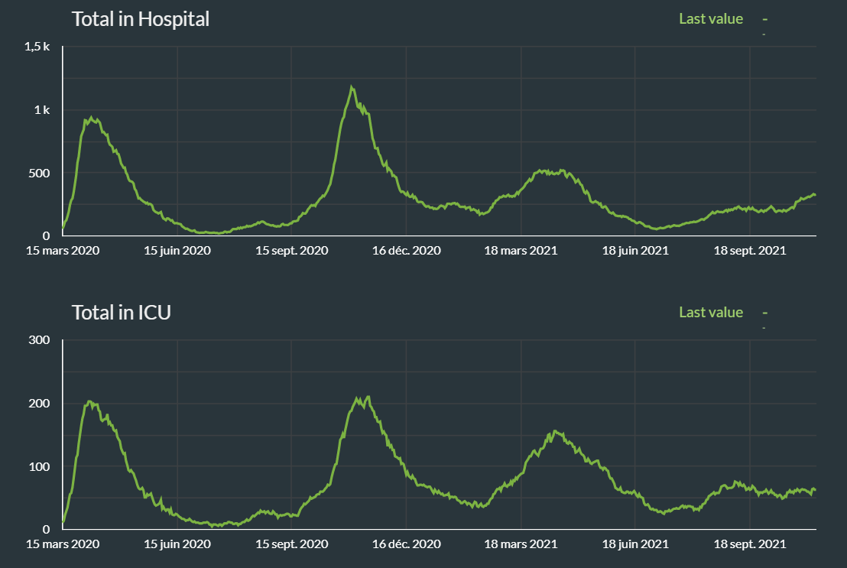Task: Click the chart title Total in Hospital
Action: pos(140,19)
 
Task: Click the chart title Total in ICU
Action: pos(121,312)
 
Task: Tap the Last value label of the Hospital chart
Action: pos(710,18)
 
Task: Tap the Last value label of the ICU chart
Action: pos(710,312)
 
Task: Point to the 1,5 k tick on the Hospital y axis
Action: pos(37,47)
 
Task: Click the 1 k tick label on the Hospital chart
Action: pos(42,110)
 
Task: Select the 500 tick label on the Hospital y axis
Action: pos(39,173)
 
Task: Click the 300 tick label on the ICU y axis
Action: pos(40,340)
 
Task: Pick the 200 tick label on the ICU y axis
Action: pos(40,404)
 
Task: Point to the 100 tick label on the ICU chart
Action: pos(40,466)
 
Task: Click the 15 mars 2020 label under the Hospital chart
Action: pos(63,250)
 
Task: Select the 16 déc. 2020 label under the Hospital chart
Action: pos(407,250)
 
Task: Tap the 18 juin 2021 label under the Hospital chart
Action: pos(635,250)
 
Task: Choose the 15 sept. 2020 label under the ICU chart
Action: pos(291,544)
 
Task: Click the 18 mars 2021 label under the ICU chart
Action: pos(521,544)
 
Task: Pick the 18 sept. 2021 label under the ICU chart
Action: pos(750,544)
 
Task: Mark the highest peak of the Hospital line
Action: pos(351,86)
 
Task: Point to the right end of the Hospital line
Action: pos(815,195)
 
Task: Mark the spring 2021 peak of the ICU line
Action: pos(554,431)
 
